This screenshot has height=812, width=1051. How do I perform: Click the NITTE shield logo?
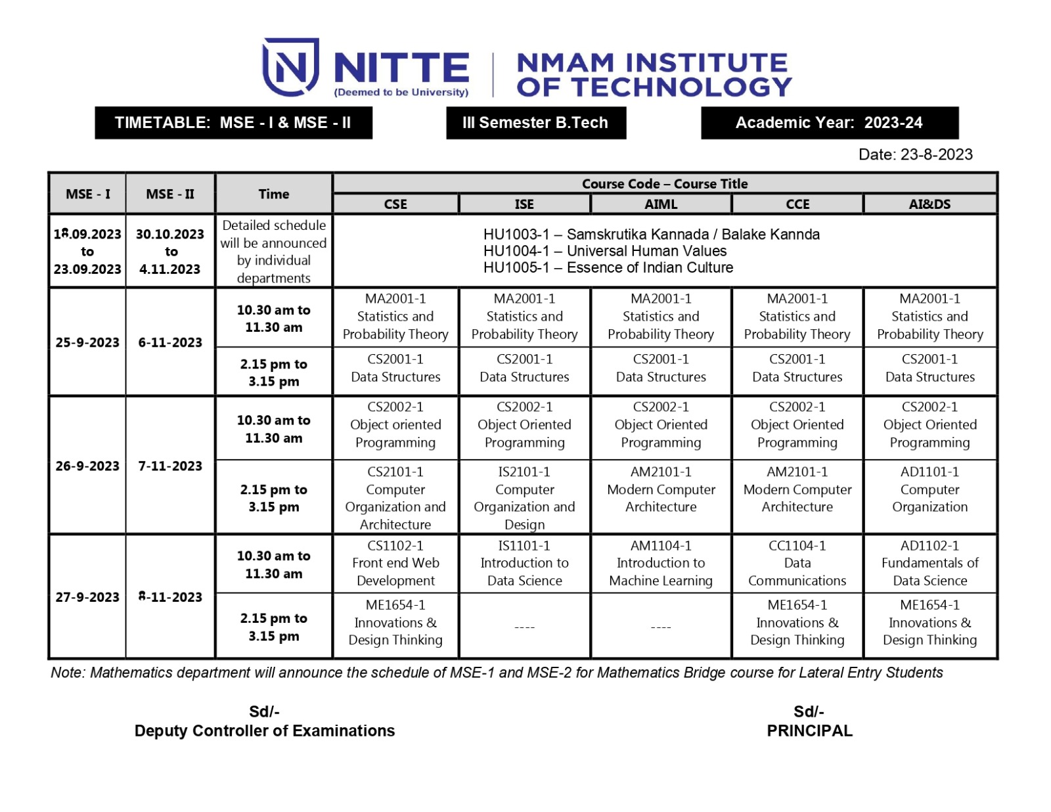pyautogui.click(x=290, y=67)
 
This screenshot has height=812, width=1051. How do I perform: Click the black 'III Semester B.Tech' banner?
pyautogui.click(x=535, y=123)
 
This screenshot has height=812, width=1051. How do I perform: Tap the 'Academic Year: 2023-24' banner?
pyautogui.click(x=829, y=123)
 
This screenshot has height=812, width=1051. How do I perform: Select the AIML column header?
pyautogui.click(x=661, y=204)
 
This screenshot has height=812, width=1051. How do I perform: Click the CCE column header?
pyautogui.click(x=797, y=204)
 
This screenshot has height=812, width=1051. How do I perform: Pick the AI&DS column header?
pyautogui.click(x=929, y=204)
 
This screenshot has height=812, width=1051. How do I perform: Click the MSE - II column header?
pyautogui.click(x=170, y=194)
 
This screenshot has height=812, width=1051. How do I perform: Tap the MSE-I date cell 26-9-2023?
pyautogui.click(x=87, y=466)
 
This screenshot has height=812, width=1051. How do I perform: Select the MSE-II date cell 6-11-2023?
pyautogui.click(x=170, y=342)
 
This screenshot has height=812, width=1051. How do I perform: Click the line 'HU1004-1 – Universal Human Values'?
pyautogui.click(x=605, y=251)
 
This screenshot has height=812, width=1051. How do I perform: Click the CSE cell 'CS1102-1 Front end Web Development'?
pyautogui.click(x=395, y=563)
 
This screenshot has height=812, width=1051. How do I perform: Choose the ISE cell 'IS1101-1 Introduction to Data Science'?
pyautogui.click(x=524, y=563)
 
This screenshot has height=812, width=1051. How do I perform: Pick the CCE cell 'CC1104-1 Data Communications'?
pyautogui.click(x=797, y=563)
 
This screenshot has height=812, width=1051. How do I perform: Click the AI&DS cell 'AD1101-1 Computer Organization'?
pyautogui.click(x=929, y=489)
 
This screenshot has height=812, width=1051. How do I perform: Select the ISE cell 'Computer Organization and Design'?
pyautogui.click(x=524, y=498)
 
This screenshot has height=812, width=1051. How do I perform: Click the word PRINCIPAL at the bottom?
pyautogui.click(x=809, y=731)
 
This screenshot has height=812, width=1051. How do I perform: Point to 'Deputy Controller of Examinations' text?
pyautogui.click(x=265, y=731)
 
